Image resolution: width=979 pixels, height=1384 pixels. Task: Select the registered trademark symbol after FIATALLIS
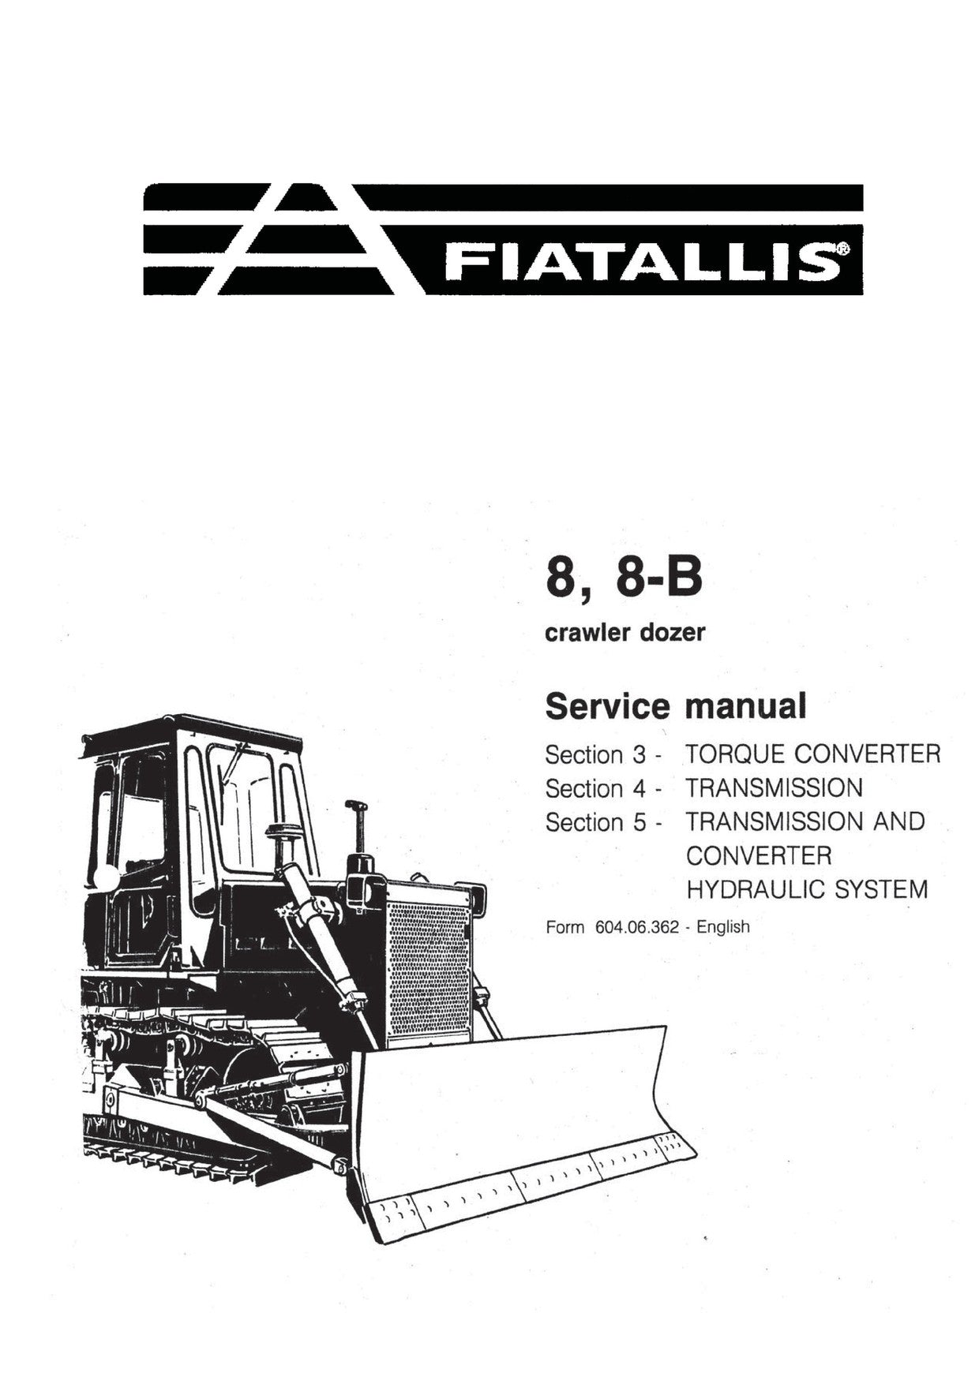tap(842, 249)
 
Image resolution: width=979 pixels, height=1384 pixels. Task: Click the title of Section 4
tap(774, 787)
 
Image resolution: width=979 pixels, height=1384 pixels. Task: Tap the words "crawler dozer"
tap(625, 633)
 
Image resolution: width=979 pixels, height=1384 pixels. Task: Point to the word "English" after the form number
tap(723, 928)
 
